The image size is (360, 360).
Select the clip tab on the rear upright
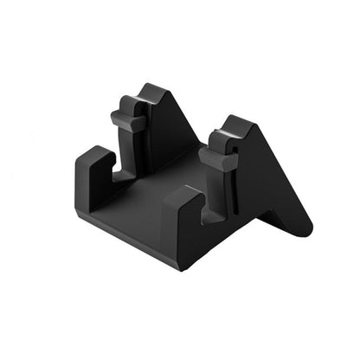pyautogui.click(x=128, y=122)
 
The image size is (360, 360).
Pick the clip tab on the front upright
pyautogui.click(x=216, y=157)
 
